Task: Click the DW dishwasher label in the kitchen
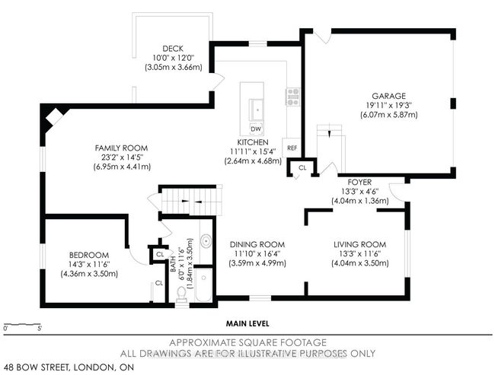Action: [x=256, y=129]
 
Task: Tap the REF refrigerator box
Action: [x=292, y=148]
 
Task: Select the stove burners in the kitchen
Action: [x=293, y=97]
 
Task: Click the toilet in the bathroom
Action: [x=181, y=294]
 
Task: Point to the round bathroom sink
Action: [x=206, y=241]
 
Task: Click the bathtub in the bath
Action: [x=203, y=284]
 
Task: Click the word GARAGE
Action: [x=388, y=96]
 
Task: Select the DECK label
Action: [x=173, y=49]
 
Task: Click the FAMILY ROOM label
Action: [x=121, y=148]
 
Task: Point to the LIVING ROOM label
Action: [x=360, y=244]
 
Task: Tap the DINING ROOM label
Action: [x=257, y=244]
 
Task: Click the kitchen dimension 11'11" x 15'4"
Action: [x=253, y=151]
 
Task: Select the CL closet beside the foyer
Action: [x=302, y=168]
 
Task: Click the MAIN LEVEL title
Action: [x=247, y=323]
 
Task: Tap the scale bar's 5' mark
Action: [x=40, y=328]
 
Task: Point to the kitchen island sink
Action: [x=257, y=110]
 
